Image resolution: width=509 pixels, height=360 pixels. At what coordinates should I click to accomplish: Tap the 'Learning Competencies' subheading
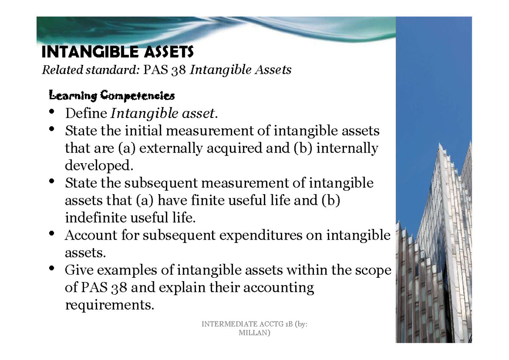112,96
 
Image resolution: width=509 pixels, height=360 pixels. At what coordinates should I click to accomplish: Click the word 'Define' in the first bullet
86,114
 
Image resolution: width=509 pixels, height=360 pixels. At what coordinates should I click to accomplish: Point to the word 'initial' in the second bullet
143,131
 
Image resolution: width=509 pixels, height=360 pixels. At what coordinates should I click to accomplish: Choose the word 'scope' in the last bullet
371,271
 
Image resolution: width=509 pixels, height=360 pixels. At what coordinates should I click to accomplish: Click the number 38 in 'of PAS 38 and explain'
119,288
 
